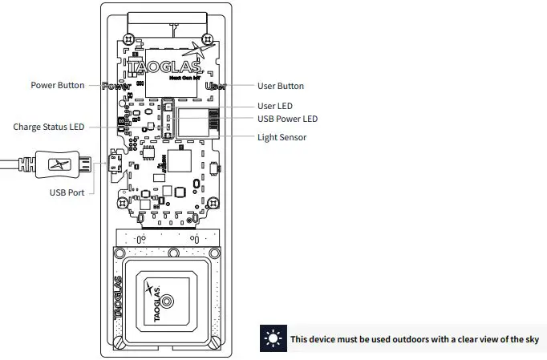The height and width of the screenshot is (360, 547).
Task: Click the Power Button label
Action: click(57, 86)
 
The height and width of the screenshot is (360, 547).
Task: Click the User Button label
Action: click(280, 86)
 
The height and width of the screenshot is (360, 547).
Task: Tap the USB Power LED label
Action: click(287, 119)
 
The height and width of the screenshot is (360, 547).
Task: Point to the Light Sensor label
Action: click(282, 137)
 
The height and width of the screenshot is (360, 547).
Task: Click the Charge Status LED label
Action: click(49, 127)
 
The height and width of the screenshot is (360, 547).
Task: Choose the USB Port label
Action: click(67, 192)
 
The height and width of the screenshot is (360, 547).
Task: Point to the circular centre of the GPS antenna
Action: click(167, 301)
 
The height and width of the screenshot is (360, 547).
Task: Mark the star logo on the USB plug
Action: click(57, 165)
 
